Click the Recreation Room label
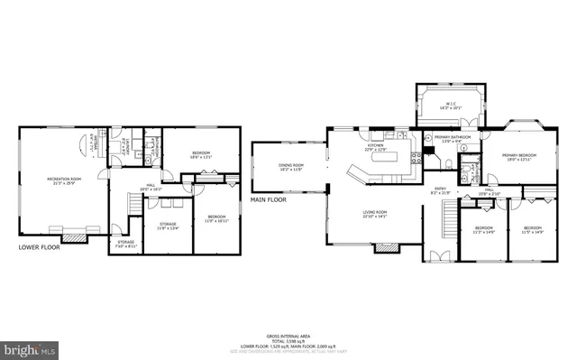(64, 180)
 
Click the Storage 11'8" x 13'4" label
(168, 226)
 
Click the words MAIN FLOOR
(269, 199)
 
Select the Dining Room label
(290, 167)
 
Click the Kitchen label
(376, 147)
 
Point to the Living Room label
(375, 216)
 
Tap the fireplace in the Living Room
(386, 246)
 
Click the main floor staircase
(448, 217)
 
